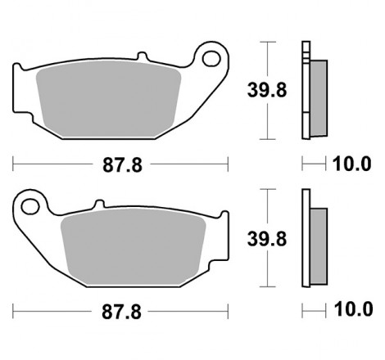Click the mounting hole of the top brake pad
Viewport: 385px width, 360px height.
pos(211,58)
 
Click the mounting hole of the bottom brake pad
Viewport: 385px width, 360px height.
pos(30,206)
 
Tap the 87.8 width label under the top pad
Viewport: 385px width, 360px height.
pos(122,165)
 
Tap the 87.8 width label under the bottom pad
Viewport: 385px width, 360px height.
pos(121,312)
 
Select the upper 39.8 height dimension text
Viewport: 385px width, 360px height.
pos(267,90)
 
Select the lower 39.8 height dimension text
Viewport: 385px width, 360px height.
pos(267,239)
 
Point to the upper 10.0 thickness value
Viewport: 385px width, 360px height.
pos(352,164)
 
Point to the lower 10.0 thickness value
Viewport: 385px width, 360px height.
pos(354,309)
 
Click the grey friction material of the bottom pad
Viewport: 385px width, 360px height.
pos(133,247)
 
